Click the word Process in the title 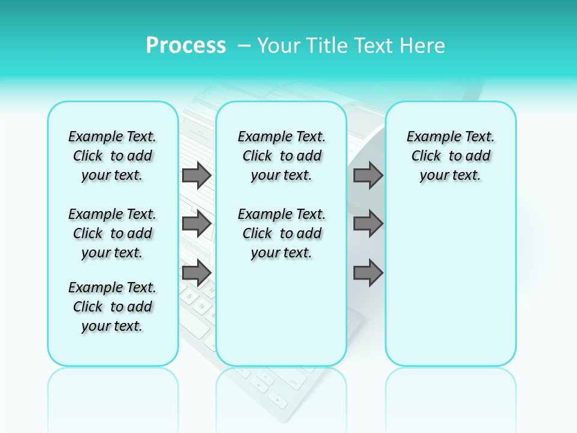186,46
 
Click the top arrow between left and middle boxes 196,176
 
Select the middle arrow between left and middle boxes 196,224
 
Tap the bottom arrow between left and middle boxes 196,273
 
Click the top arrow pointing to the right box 368,176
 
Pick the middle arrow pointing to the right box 368,224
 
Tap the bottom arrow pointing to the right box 368,273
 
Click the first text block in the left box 112,156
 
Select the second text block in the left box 112,233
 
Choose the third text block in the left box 112,307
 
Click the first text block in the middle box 281,156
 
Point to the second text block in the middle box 281,233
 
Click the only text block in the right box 450,156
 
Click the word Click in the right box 426,156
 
